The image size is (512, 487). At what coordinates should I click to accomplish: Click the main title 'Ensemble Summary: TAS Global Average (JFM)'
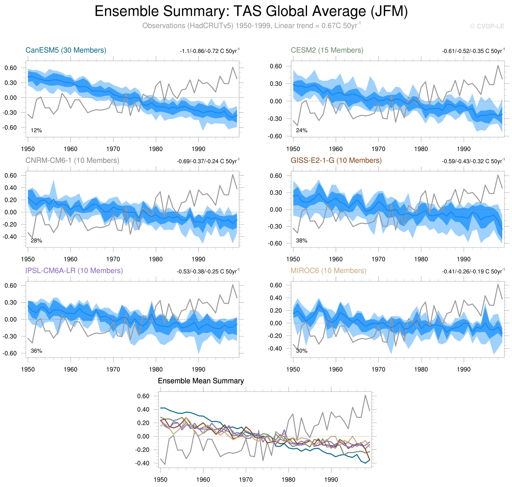(251, 11)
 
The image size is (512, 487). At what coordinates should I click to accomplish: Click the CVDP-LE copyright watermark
(487, 26)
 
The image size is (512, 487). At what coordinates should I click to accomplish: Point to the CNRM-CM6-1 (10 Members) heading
(72, 160)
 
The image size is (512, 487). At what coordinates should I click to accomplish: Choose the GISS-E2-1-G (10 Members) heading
(336, 160)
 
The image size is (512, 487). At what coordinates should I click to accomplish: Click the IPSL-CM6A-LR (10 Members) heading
(74, 271)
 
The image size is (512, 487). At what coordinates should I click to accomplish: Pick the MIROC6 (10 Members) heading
(328, 271)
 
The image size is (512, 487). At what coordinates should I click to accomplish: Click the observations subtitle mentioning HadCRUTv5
(251, 26)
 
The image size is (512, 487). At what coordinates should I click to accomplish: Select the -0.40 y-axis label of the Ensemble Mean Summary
(142, 463)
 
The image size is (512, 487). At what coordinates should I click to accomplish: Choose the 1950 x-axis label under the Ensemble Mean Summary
(161, 479)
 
